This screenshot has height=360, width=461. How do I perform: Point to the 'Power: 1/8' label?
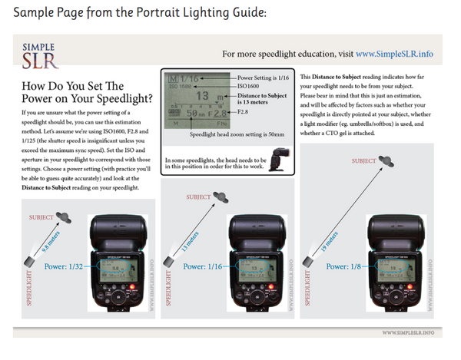point(343,266)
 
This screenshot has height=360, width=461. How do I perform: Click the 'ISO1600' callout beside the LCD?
point(250,87)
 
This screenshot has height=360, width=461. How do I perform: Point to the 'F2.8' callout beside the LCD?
point(245,112)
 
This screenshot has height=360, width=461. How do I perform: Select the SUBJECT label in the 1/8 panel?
point(363,161)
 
